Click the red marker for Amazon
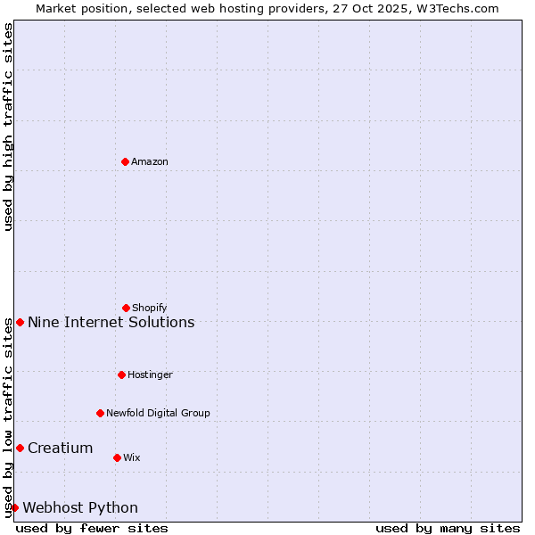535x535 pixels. point(125,161)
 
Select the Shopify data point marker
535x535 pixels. point(126,308)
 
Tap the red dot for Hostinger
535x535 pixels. point(121,374)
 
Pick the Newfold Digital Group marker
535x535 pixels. point(100,413)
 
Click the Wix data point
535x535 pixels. point(117,457)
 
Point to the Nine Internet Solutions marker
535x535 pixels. point(20,322)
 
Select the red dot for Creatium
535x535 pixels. point(20,448)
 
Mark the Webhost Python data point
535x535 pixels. point(14,507)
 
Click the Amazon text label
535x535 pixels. point(150,161)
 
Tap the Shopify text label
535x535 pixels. point(150,308)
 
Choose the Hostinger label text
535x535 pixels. point(150,374)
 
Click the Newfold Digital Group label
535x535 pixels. point(158,413)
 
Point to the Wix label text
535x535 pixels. point(132,457)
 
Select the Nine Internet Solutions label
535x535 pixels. point(111,322)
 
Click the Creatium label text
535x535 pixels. point(60,448)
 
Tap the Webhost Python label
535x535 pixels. point(80,507)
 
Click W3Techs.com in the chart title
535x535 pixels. point(456,8)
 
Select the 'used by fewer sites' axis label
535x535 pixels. point(92,528)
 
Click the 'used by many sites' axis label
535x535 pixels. point(448,528)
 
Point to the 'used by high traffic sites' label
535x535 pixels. point(8,127)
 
